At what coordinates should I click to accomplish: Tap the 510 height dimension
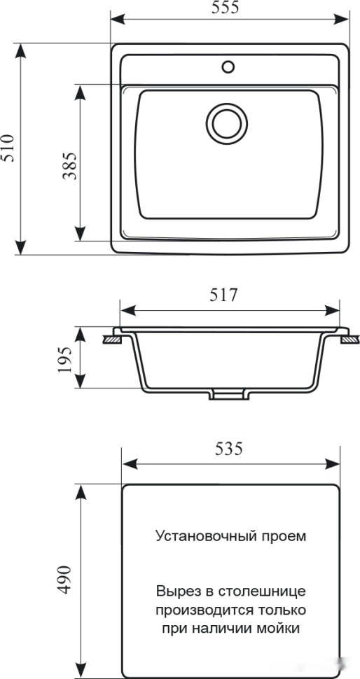tap(9, 148)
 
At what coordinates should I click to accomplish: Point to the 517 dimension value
tap(225, 295)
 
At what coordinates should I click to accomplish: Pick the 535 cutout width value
tap(229, 449)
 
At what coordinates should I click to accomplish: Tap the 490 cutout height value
tap(64, 579)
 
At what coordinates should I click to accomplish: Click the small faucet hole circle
tap(228, 67)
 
